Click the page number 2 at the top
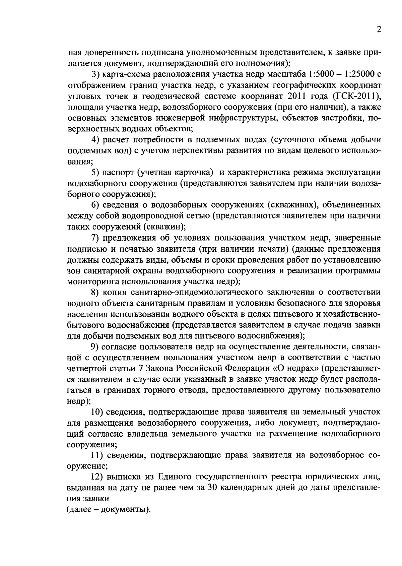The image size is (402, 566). [x=379, y=30]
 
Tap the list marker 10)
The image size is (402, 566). [x=98, y=412]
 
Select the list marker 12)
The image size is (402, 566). [x=98, y=477]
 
